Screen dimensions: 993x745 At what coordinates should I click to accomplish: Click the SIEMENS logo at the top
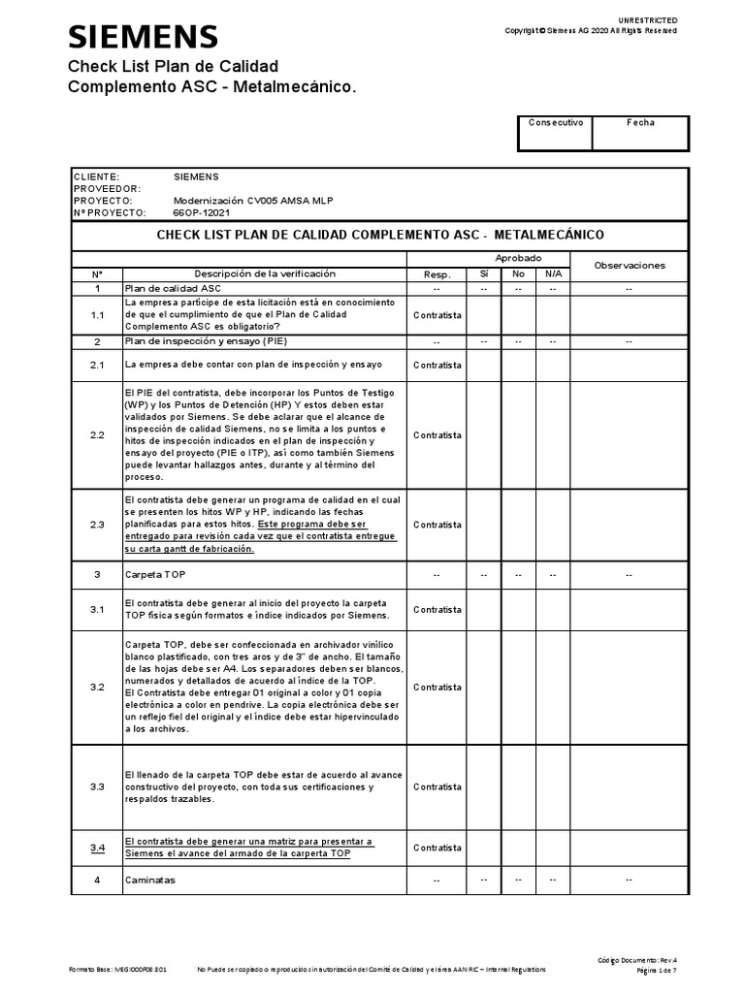pyautogui.click(x=142, y=37)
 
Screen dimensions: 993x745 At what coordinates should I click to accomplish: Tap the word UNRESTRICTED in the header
pyautogui.click(x=648, y=20)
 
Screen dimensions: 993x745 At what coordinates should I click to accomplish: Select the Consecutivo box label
pyautogui.click(x=556, y=123)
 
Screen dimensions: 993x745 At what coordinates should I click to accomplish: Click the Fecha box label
pyautogui.click(x=640, y=123)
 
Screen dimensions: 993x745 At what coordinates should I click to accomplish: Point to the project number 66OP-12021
pyautogui.click(x=202, y=212)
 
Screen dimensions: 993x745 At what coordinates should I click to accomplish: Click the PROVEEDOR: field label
pyautogui.click(x=107, y=189)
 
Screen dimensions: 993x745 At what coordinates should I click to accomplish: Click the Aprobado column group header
pyautogui.click(x=519, y=258)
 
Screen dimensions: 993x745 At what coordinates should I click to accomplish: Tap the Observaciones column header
pyautogui.click(x=630, y=266)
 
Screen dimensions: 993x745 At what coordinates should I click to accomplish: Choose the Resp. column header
pyautogui.click(x=437, y=275)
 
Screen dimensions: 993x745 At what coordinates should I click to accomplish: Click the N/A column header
pyautogui.click(x=552, y=275)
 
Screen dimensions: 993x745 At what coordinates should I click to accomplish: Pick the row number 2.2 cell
pyautogui.click(x=97, y=435)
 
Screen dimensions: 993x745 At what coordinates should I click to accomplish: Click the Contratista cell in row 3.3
pyautogui.click(x=437, y=786)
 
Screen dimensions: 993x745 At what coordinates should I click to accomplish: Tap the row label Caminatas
pyautogui.click(x=149, y=880)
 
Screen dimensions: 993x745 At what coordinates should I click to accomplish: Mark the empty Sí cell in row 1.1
pyautogui.click(x=484, y=315)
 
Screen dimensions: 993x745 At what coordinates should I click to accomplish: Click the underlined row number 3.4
pyautogui.click(x=97, y=848)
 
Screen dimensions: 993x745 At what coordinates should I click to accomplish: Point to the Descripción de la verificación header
pyautogui.click(x=265, y=275)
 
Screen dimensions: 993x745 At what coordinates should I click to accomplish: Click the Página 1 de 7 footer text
pyautogui.click(x=657, y=970)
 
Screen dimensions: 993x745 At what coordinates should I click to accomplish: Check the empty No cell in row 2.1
pyautogui.click(x=518, y=366)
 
